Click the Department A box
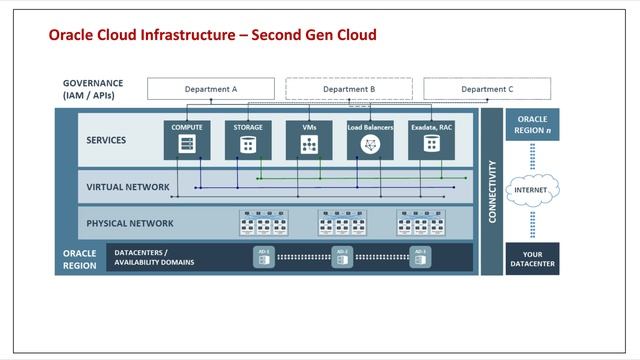pyautogui.click(x=210, y=89)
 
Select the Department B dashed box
pyautogui.click(x=349, y=89)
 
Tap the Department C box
pyautogui.click(x=486, y=89)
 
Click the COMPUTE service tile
pyautogui.click(x=186, y=140)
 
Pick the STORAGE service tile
pyautogui.click(x=248, y=140)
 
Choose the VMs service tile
pyautogui.click(x=309, y=140)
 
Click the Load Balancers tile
pyautogui.click(x=371, y=140)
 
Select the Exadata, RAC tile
pyautogui.click(x=432, y=140)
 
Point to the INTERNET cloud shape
pyautogui.click(x=532, y=190)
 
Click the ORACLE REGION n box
pyautogui.click(x=532, y=125)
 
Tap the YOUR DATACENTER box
pyautogui.click(x=532, y=258)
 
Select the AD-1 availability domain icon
pyautogui.click(x=265, y=257)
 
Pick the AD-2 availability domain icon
pyautogui.click(x=342, y=257)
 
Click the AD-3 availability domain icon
pyautogui.click(x=419, y=257)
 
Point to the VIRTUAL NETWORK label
pyautogui.click(x=128, y=187)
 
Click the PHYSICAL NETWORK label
pyautogui.click(x=130, y=223)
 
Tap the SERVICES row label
pyautogui.click(x=107, y=140)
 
